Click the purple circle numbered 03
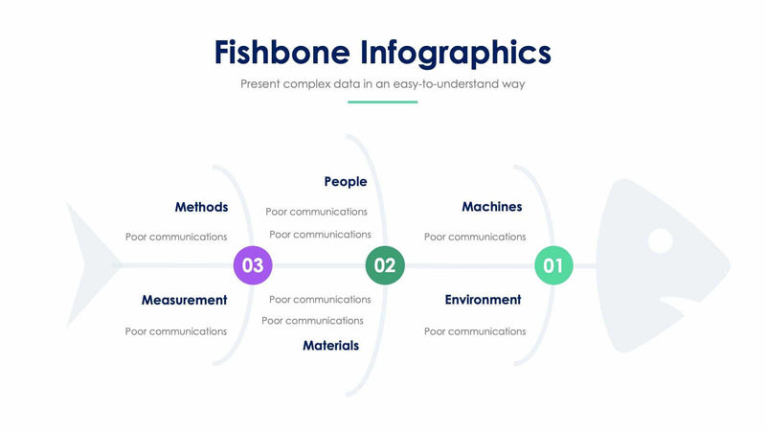pos(253,265)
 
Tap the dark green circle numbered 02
pos(385,265)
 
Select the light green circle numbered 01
pos(553,265)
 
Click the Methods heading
pos(201,207)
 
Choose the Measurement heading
pos(184,300)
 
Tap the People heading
pos(345,181)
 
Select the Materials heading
pos(330,346)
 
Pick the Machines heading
pos(491,207)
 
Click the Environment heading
pos(483,300)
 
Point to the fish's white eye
pos(660,240)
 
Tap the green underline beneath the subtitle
pos(382,102)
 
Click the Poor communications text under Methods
pos(176,237)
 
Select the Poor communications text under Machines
pos(475,237)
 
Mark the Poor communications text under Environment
pos(475,331)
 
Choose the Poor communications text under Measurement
pos(176,331)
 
